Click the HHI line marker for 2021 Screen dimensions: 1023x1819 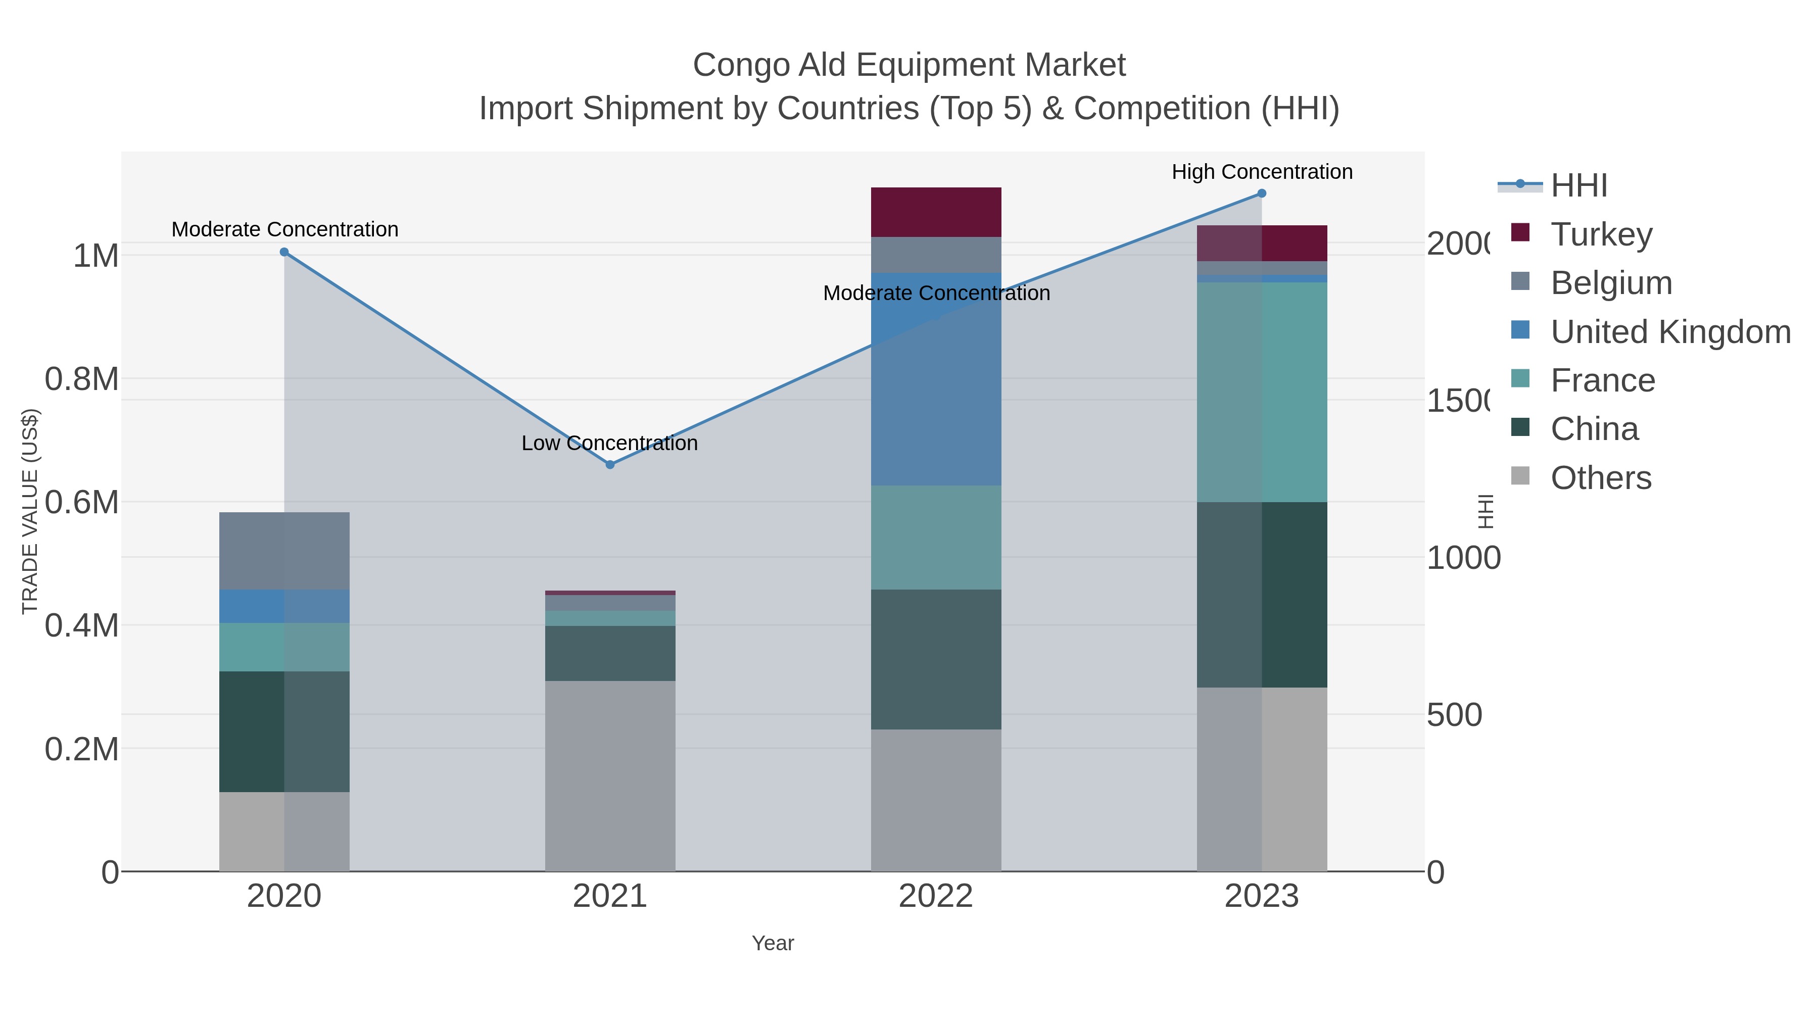[610, 465]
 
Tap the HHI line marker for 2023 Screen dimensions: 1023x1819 [1262, 193]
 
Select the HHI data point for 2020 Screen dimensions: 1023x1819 [284, 252]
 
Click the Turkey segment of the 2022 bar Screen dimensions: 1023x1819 [936, 212]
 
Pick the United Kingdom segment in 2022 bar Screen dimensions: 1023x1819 [936, 379]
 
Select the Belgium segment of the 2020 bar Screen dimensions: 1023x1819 [284, 551]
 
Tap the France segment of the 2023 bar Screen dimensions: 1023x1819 [1262, 392]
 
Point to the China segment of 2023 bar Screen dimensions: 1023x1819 [1262, 595]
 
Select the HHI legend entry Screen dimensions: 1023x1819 [1579, 186]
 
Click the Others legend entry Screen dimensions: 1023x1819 [1601, 478]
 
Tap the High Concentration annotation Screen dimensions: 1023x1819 [1262, 172]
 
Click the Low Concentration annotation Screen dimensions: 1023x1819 [609, 444]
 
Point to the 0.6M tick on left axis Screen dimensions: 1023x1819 [82, 503]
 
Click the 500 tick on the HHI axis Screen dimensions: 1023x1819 [1454, 715]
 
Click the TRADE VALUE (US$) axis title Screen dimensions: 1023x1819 [30, 511]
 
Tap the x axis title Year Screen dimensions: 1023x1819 [773, 943]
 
